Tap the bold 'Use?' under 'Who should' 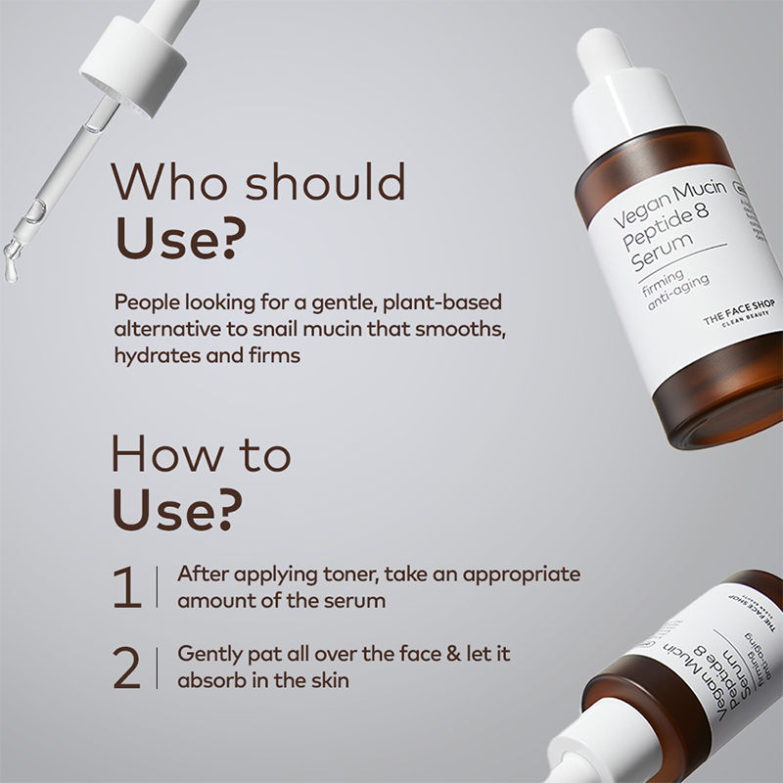pos(181,239)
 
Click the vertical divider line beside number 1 pos(157,586)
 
